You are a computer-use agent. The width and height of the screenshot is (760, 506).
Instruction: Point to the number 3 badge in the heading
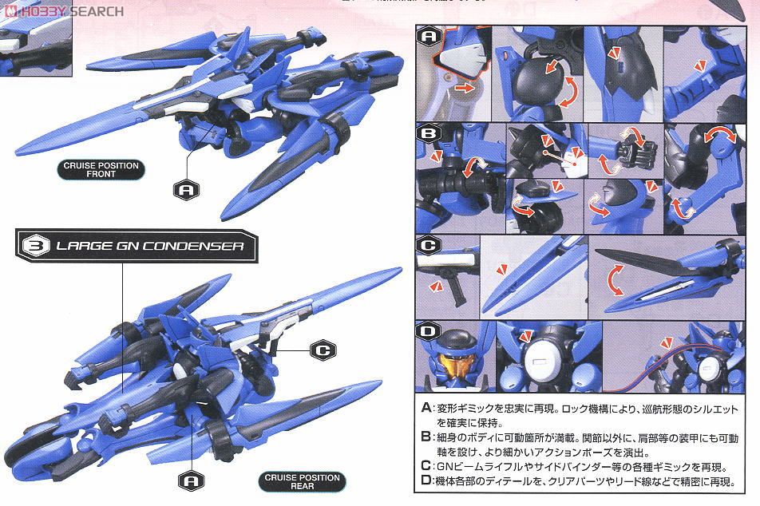[34, 246]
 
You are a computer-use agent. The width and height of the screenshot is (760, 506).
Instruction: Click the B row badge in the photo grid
[429, 134]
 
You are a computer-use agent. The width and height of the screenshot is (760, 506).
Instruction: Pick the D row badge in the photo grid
[429, 331]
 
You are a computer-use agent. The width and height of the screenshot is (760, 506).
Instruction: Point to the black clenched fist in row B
[635, 152]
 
